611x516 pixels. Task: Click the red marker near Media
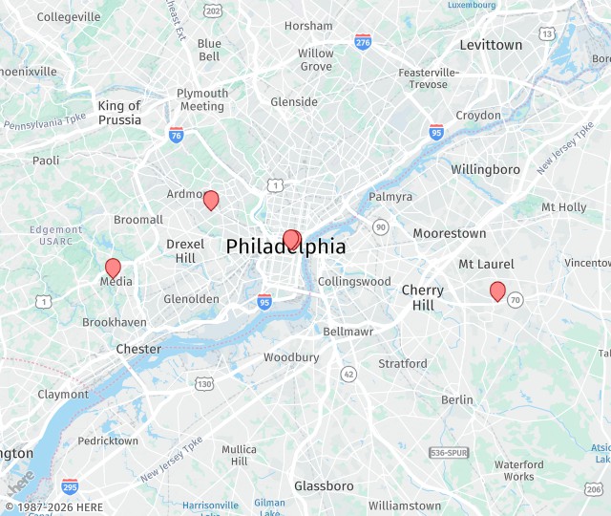113,269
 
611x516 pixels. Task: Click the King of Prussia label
119,113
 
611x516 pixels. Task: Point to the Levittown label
491,45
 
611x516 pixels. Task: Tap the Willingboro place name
485,169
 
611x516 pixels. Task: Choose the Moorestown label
449,233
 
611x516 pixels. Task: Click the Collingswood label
354,282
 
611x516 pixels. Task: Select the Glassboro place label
324,486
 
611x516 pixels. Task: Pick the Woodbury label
291,357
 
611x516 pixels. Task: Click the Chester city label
138,349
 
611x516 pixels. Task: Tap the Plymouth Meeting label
202,99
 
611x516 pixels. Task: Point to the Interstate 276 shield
363,41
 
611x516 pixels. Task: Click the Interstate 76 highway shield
176,135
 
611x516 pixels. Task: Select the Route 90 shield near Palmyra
380,226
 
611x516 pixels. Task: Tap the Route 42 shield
348,374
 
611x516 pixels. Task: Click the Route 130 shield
204,384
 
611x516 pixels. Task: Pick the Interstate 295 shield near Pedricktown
70,486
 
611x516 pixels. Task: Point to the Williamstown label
405,505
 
